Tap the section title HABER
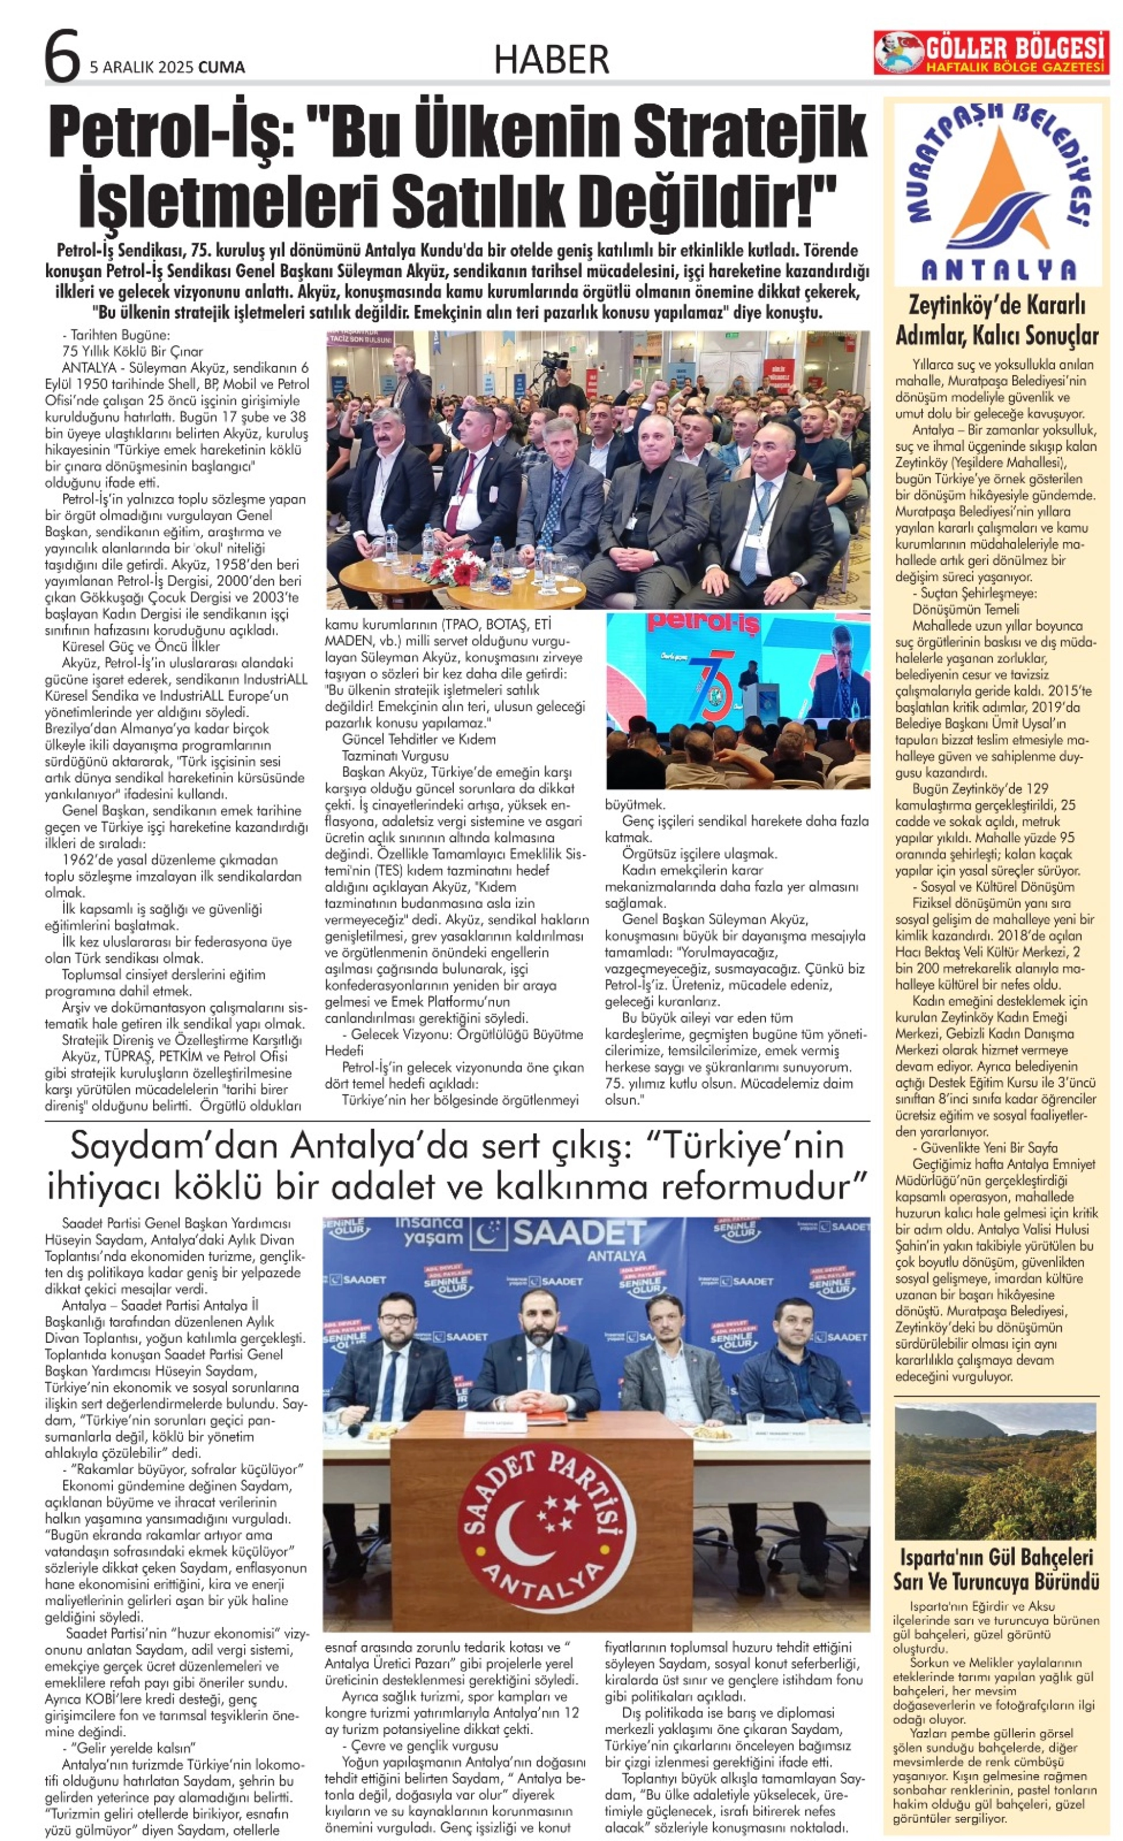(551, 60)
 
